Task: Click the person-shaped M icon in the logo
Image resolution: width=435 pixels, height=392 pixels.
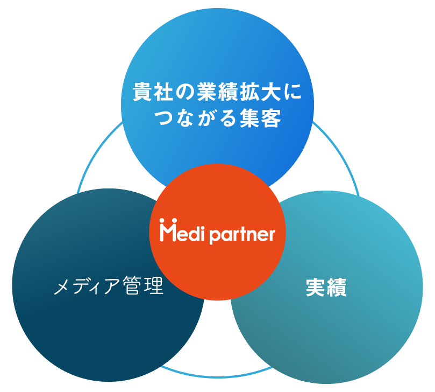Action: click(x=167, y=232)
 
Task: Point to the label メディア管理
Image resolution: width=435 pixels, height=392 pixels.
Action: click(x=108, y=286)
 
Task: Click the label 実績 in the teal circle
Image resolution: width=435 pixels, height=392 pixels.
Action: click(x=326, y=288)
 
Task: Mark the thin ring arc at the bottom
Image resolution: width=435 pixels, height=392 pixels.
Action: click(x=217, y=371)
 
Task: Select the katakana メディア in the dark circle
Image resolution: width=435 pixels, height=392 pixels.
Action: click(x=87, y=286)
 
